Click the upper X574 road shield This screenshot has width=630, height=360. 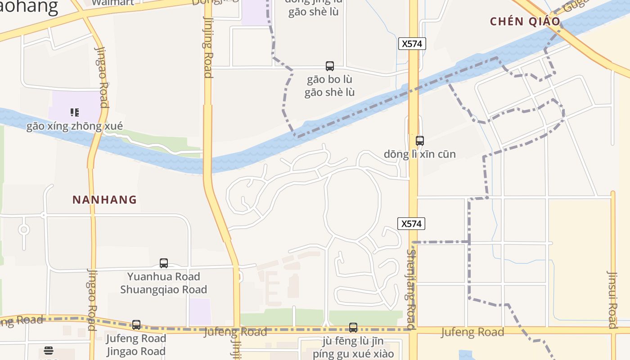pos(412,44)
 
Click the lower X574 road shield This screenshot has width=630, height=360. pos(411,224)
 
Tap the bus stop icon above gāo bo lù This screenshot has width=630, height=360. pos(330,66)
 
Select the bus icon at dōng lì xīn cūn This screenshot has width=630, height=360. pos(420,141)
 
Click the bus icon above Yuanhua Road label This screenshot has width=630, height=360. pos(164,263)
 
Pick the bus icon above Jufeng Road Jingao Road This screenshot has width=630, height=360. pos(136,325)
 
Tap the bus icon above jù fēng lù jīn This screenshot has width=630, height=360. pos(353,328)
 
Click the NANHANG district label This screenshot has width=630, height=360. pos(104,200)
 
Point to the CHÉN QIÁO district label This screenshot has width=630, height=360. pos(525,22)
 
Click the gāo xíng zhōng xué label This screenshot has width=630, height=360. pos(75,126)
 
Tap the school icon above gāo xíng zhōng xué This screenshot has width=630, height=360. pos(75,112)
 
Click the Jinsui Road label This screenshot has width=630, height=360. pos(612,299)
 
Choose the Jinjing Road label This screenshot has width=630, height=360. pos(208,47)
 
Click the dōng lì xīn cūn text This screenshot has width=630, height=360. pos(420,154)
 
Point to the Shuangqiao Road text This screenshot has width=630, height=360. pos(164,289)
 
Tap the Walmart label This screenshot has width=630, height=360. pos(112,3)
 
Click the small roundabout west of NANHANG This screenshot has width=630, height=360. pos(24,230)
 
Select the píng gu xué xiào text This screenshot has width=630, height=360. pos(353,354)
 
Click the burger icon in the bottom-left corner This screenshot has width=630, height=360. pos(49,351)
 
